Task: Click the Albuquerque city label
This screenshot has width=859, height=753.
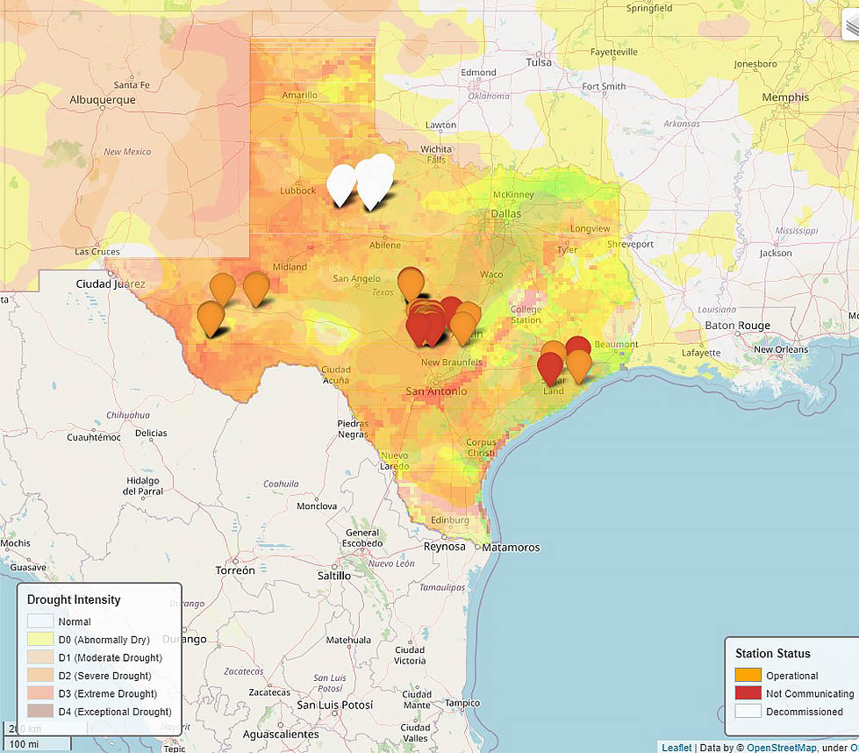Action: [x=103, y=99]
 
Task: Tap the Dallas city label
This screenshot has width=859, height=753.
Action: [x=506, y=213]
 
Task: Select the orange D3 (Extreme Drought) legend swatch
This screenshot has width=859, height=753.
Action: [x=41, y=693]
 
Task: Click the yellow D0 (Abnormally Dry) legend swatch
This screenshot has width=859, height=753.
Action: [x=41, y=640]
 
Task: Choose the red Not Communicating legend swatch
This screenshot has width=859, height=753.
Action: [x=748, y=693]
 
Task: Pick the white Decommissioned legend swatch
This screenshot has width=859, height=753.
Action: [x=748, y=711]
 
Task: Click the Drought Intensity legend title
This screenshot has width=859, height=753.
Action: [x=74, y=600]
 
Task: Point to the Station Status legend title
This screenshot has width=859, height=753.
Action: [x=773, y=653]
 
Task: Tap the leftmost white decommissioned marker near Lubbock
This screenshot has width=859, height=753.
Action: [x=341, y=183]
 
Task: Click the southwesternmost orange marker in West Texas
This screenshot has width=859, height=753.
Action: [x=211, y=318]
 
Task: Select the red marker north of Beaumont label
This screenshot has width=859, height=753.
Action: [x=577, y=349]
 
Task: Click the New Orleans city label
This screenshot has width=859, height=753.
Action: [x=780, y=349]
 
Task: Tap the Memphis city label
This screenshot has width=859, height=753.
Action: [x=785, y=97]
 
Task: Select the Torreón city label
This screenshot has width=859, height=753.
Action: [x=235, y=570]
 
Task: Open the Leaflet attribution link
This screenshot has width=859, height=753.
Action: [x=676, y=747]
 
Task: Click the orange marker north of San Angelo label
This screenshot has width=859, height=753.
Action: [x=410, y=283]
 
